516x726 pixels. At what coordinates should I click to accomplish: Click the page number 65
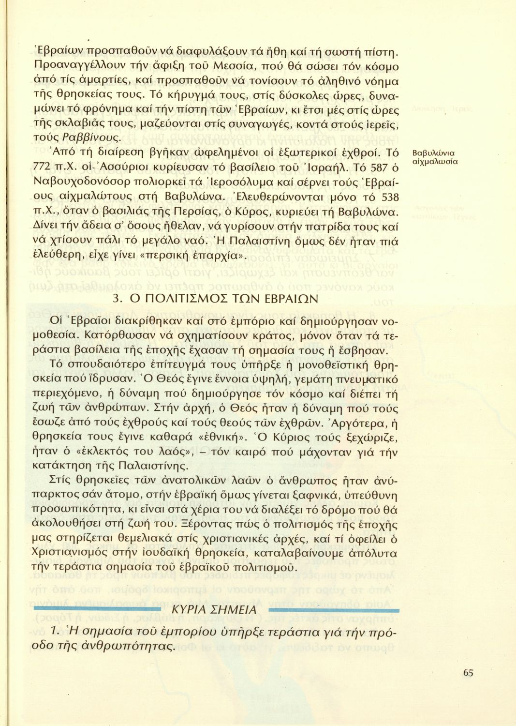coord(468,672)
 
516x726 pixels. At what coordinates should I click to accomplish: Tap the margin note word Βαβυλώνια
coord(434,154)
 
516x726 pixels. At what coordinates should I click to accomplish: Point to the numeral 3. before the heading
coord(117,299)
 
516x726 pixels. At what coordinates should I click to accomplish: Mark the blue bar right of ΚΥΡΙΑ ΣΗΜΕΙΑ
coord(334,610)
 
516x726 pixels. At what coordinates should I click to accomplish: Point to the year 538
coord(390,197)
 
